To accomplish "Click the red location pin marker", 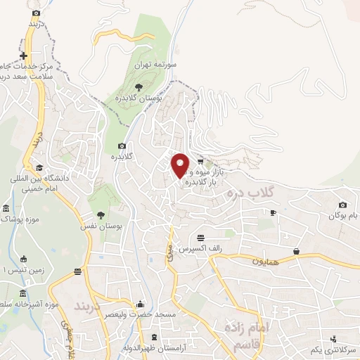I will (181, 165).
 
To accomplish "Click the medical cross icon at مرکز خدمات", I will (24, 56).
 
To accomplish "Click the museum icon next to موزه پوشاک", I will (6, 210).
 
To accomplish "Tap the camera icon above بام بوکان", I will (342, 205).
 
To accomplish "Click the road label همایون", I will (266, 260).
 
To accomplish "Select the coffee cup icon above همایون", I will (296, 251).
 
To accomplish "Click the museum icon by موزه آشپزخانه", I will (23, 292).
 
